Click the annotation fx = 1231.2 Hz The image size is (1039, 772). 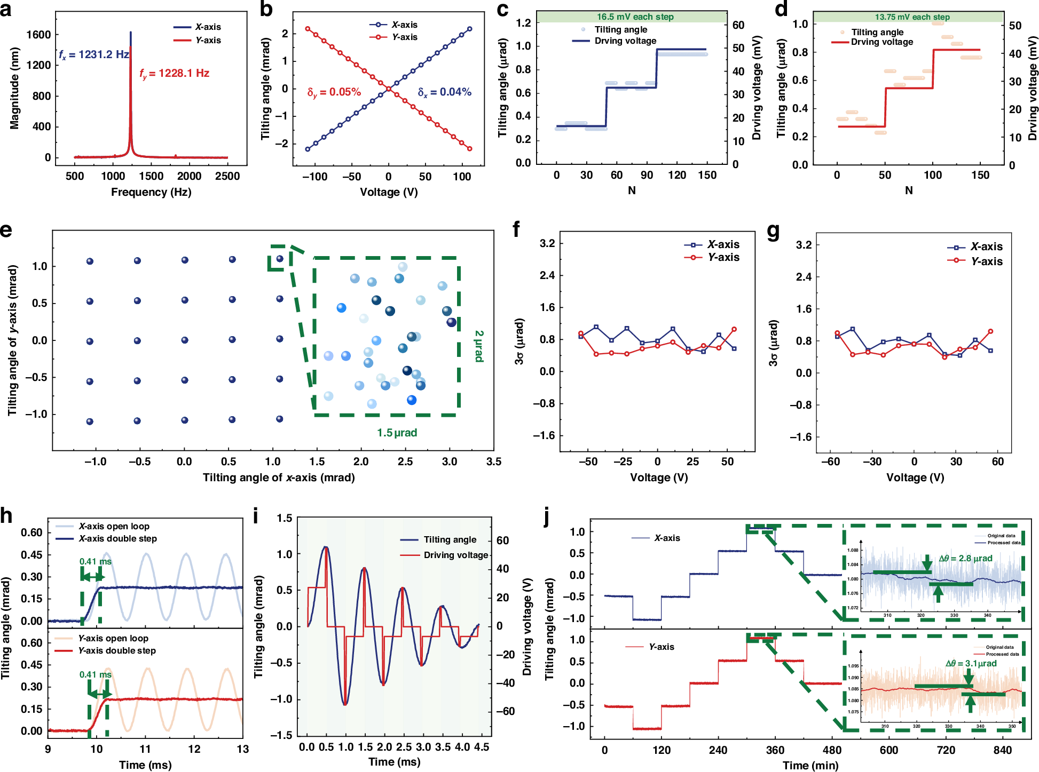(93, 54)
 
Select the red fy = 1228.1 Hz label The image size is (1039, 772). (175, 74)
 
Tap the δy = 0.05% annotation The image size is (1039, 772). (334, 92)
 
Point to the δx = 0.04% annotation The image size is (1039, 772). (444, 92)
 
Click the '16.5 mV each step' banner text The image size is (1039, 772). (635, 17)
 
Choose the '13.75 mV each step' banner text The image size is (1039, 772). (912, 17)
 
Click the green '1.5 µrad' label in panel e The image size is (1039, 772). (397, 433)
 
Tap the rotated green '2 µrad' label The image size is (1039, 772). (479, 346)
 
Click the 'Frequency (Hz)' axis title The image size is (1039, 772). (151, 192)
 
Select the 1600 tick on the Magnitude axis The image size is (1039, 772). (38, 35)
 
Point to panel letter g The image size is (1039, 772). (773, 232)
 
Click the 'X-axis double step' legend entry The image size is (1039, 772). (117, 538)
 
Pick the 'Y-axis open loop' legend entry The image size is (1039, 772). (113, 638)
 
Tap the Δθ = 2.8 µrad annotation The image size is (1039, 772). (965, 559)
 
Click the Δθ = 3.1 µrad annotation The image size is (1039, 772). (971, 663)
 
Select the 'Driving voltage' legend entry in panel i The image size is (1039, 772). (455, 555)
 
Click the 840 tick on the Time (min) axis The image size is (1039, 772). (1002, 750)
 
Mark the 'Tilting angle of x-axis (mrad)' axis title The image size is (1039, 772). (279, 477)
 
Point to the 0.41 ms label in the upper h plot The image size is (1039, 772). (95, 561)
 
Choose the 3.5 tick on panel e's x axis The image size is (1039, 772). (493, 461)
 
